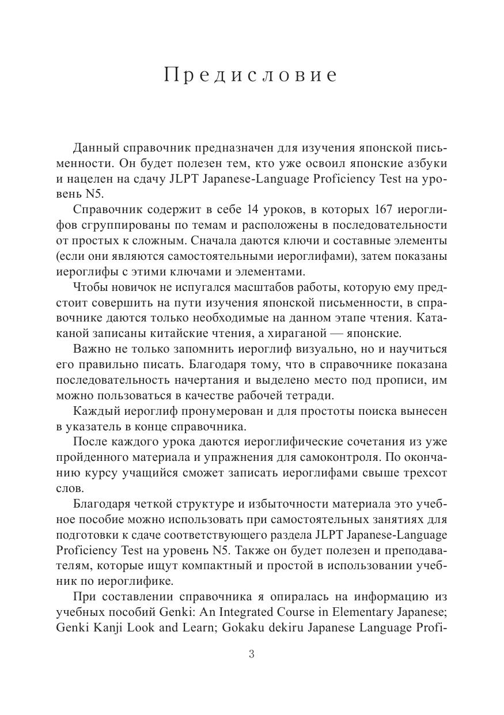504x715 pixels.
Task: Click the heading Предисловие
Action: tap(251, 75)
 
